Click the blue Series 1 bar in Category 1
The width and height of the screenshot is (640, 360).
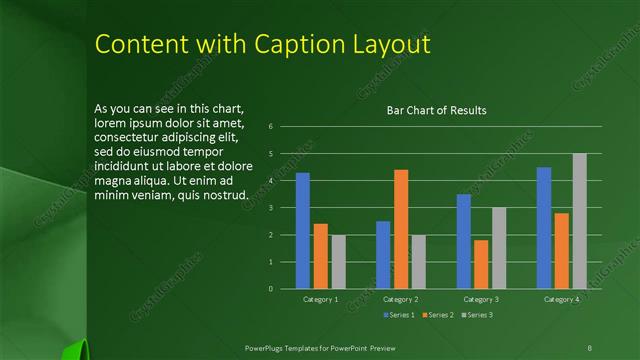(302, 231)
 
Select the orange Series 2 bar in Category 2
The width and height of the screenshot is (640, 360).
(401, 229)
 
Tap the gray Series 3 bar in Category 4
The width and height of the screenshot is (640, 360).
(580, 221)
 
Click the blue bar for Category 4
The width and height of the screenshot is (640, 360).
(544, 228)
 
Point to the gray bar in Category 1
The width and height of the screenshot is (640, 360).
(338, 262)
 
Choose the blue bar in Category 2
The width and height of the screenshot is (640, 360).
(383, 255)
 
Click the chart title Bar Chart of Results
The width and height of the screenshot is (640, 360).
(436, 111)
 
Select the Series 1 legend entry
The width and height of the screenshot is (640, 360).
(399, 315)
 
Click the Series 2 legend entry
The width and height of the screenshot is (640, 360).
(438, 315)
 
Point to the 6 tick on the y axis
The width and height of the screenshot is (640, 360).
(270, 127)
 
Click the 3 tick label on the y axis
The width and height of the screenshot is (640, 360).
(270, 208)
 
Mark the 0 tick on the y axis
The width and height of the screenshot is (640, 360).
(270, 289)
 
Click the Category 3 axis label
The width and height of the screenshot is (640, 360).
(481, 300)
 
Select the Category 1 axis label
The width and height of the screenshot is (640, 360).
(320, 300)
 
